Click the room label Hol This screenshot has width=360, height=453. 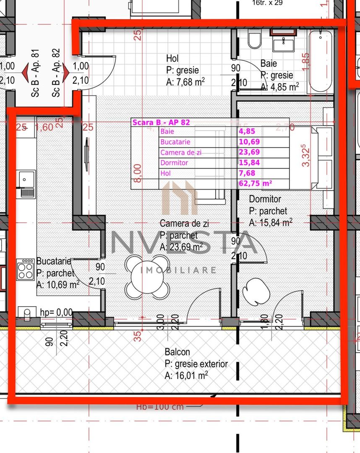coord(172,58)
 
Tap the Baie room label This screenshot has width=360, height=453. coord(269,64)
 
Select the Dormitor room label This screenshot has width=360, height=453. coord(265,199)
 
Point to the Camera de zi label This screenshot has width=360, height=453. coord(184,224)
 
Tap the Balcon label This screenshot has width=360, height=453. coord(177,352)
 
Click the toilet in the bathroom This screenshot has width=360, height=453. coord(254,40)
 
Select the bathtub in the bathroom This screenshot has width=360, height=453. coord(321,61)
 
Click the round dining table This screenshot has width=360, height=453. coord(147,277)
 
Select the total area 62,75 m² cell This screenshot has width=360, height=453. coord(256,182)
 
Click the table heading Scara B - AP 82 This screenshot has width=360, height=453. coord(161,122)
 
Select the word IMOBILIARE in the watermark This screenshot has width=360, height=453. coord(178,270)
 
